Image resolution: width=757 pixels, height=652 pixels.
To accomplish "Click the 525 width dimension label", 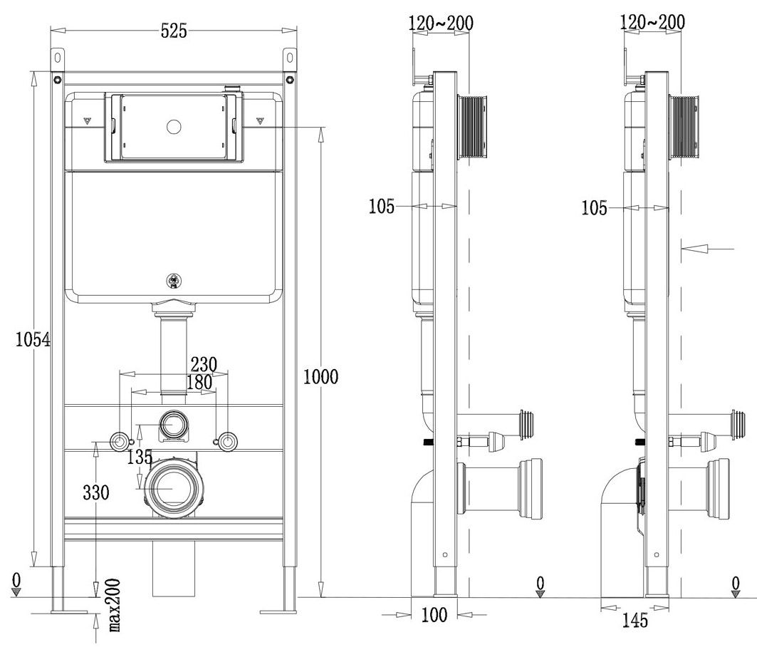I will click(x=173, y=30).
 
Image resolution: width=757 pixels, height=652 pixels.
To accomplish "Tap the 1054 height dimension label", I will click(x=33, y=340).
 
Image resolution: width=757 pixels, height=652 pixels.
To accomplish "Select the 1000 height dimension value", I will click(x=320, y=376).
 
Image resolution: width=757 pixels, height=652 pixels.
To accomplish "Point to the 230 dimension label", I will click(x=202, y=364).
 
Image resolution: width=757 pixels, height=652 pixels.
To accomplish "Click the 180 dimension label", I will click(x=198, y=382).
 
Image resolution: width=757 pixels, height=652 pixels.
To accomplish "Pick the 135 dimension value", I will click(x=139, y=457).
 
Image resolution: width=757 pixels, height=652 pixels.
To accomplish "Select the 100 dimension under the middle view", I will click(x=434, y=614).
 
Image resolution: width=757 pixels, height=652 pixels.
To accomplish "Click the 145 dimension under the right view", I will click(x=631, y=621).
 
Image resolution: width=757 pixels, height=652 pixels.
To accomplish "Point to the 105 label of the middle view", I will click(x=382, y=207).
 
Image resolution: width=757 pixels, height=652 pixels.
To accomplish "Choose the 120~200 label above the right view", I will click(x=653, y=22).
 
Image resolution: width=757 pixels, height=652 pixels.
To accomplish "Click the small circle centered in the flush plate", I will click(x=172, y=128).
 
